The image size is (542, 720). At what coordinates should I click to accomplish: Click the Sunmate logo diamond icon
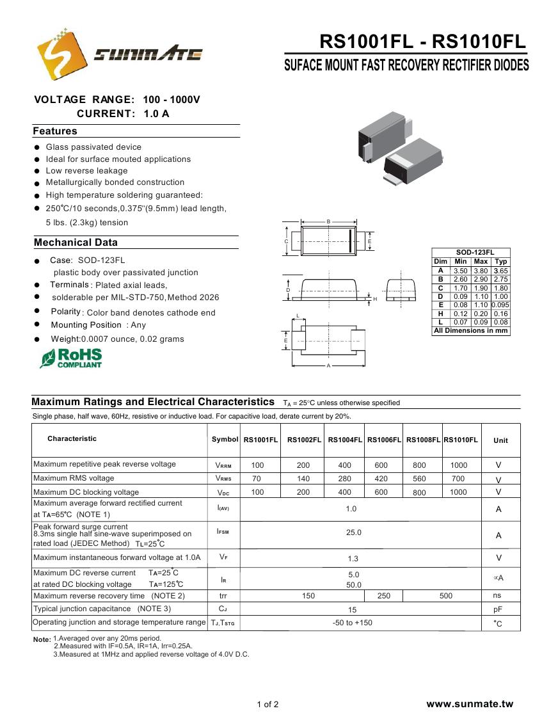[61, 53]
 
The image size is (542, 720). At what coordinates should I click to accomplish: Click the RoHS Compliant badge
[71, 358]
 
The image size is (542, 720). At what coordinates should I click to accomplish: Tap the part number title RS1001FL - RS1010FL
[422, 42]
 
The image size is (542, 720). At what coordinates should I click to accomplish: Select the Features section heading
[55, 131]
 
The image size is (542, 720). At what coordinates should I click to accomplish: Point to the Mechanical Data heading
[76, 243]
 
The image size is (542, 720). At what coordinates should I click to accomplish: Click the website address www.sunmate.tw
[470, 704]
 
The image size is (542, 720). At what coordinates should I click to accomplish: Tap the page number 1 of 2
[267, 705]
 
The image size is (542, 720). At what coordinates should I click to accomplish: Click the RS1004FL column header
[345, 440]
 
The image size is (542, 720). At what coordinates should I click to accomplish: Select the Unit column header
[500, 440]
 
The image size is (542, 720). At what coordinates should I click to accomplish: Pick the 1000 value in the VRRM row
[459, 465]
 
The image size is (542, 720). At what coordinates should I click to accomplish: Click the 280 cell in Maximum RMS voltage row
[345, 479]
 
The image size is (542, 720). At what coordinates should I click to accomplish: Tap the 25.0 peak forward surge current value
[354, 532]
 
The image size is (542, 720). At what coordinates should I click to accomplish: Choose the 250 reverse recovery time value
[384, 596]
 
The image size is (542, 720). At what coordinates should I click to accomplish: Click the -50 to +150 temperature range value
[353, 623]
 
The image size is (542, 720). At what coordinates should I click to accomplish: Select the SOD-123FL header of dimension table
[470, 252]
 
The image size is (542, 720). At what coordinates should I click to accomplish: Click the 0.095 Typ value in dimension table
[501, 305]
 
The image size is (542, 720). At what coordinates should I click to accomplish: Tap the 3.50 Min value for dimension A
[460, 271]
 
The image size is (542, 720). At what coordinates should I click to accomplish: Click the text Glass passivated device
[93, 147]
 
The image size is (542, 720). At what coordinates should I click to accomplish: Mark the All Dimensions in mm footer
[470, 331]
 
